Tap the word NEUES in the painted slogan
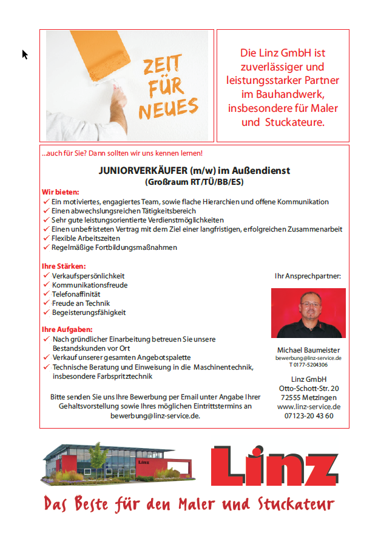point(168,109)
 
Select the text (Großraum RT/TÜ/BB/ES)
point(194,182)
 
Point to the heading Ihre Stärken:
point(63,266)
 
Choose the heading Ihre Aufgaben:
point(65,330)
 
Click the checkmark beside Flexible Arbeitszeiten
point(46,238)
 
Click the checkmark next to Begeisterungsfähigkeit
point(46,312)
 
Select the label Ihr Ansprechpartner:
point(308,276)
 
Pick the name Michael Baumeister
point(308,350)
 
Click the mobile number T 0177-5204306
point(308,365)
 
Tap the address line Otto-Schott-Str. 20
point(308,388)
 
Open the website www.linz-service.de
point(308,407)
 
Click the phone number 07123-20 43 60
point(308,416)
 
